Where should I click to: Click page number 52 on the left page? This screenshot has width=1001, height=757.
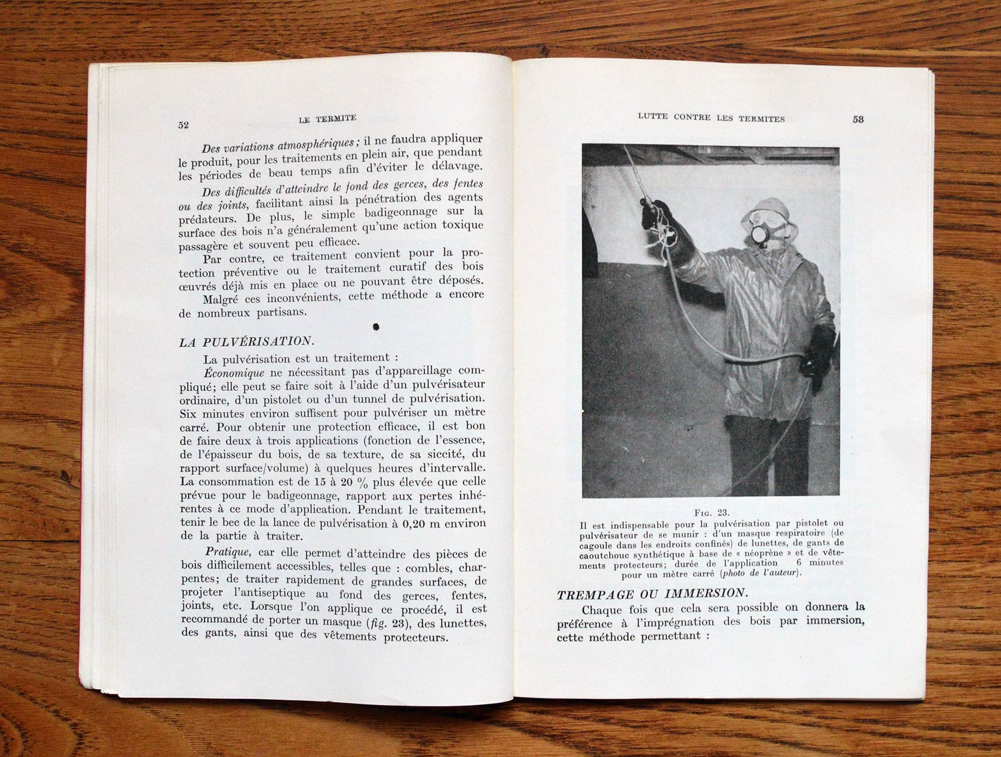(x=184, y=125)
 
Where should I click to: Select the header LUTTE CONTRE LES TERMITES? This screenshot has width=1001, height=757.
(x=711, y=119)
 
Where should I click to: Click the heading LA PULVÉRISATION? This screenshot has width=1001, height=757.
(x=245, y=342)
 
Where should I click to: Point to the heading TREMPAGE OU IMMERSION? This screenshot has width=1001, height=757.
(x=651, y=593)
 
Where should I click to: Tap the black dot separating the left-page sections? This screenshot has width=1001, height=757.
(x=376, y=327)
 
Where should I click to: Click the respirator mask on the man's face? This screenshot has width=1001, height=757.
(x=759, y=237)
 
